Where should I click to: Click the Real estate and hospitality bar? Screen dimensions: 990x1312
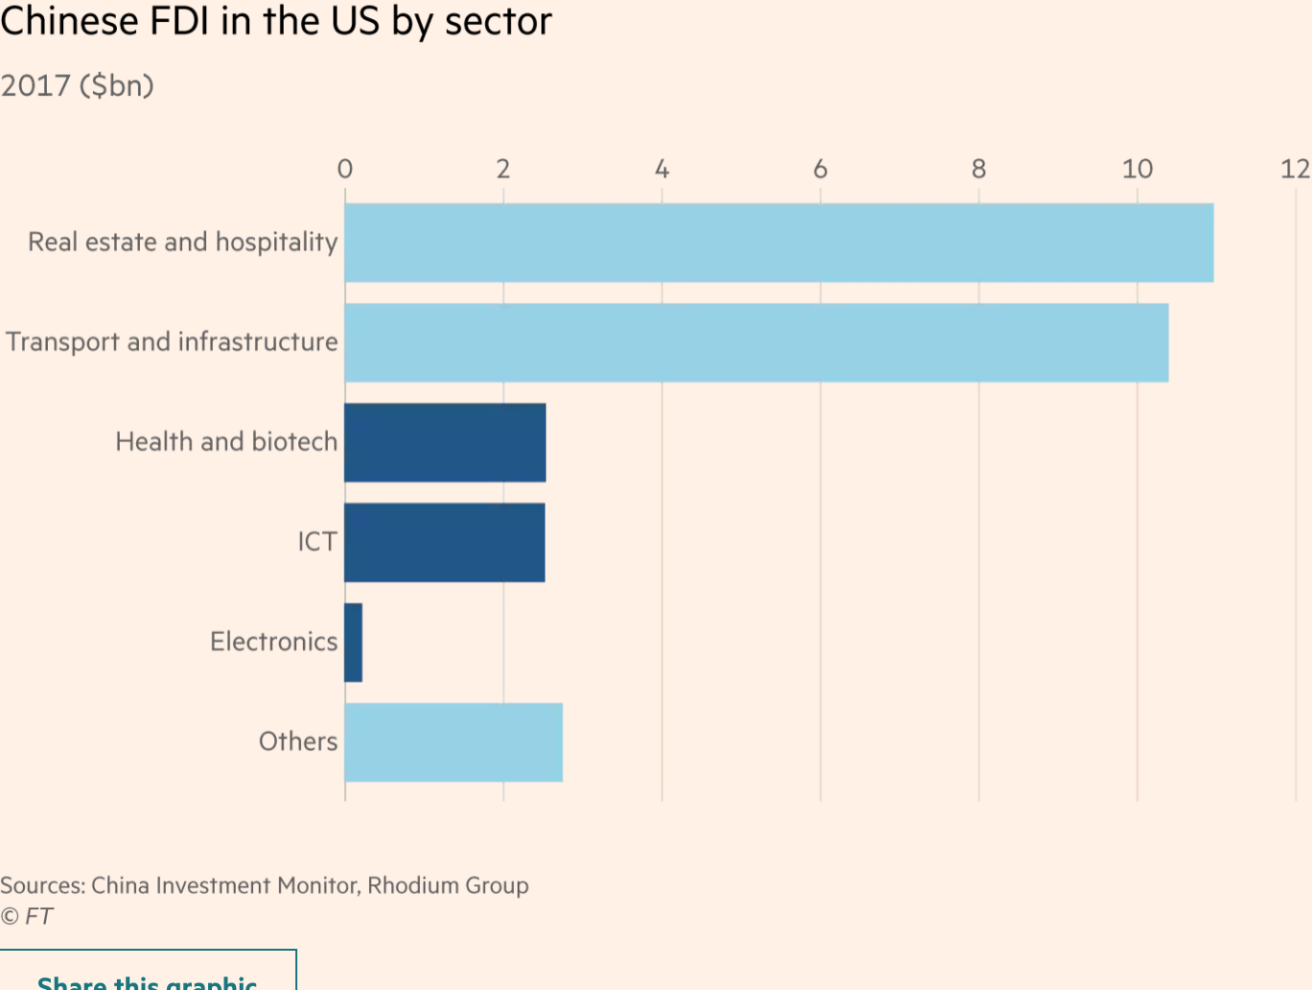click(x=779, y=243)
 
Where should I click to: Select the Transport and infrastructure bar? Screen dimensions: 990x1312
click(x=756, y=342)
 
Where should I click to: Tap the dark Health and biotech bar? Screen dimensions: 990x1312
click(x=445, y=442)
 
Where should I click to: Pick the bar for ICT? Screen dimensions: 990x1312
click(x=444, y=542)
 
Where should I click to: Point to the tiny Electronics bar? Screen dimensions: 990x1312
click(x=353, y=642)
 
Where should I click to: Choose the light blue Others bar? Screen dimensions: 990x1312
click(x=453, y=742)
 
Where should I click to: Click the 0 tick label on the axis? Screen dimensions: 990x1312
click(x=345, y=170)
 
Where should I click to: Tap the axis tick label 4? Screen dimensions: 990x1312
click(x=662, y=170)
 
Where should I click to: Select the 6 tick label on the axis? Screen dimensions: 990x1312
click(x=820, y=170)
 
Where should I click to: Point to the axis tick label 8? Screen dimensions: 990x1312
click(x=978, y=170)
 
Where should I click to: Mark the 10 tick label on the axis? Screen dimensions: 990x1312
click(x=1137, y=170)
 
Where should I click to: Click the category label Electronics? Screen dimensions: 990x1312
click(x=273, y=642)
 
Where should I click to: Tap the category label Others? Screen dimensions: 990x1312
click(x=297, y=742)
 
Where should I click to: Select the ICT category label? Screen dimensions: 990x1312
click(x=316, y=542)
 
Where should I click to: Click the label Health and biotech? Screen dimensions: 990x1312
click(x=226, y=442)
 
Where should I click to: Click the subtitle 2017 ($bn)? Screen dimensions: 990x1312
click(x=77, y=86)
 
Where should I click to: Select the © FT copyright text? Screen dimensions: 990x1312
click(x=27, y=916)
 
